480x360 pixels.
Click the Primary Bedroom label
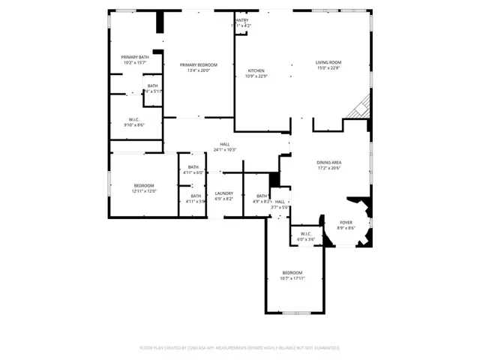[x=199, y=65]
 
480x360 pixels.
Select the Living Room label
[x=328, y=62]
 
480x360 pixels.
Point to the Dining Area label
[x=328, y=162]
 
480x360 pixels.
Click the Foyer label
[x=346, y=222]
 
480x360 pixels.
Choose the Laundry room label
[x=224, y=193]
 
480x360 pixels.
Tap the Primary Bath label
[x=135, y=57]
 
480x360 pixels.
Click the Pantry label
[x=241, y=20]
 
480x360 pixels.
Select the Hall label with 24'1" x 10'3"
[x=224, y=144]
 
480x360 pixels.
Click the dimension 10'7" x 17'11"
[x=292, y=278]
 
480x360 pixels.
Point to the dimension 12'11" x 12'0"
[x=144, y=191]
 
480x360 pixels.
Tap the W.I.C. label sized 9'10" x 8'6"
[x=135, y=119]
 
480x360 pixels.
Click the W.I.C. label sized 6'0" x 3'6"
[x=306, y=234]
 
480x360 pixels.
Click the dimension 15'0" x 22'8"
[x=328, y=68]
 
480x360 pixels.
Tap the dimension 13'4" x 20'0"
[x=199, y=71]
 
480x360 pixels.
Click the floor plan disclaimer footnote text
[x=240, y=348]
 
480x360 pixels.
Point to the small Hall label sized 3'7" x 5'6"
[x=280, y=202]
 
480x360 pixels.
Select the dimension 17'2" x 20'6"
[x=328, y=168]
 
